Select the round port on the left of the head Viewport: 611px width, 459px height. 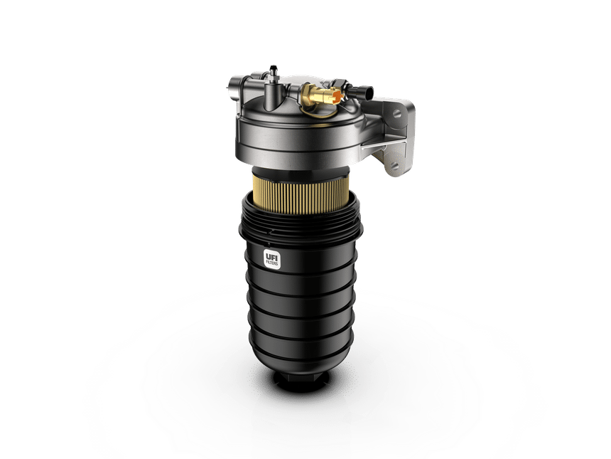tap(233, 90)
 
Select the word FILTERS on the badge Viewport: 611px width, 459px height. tap(272, 263)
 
